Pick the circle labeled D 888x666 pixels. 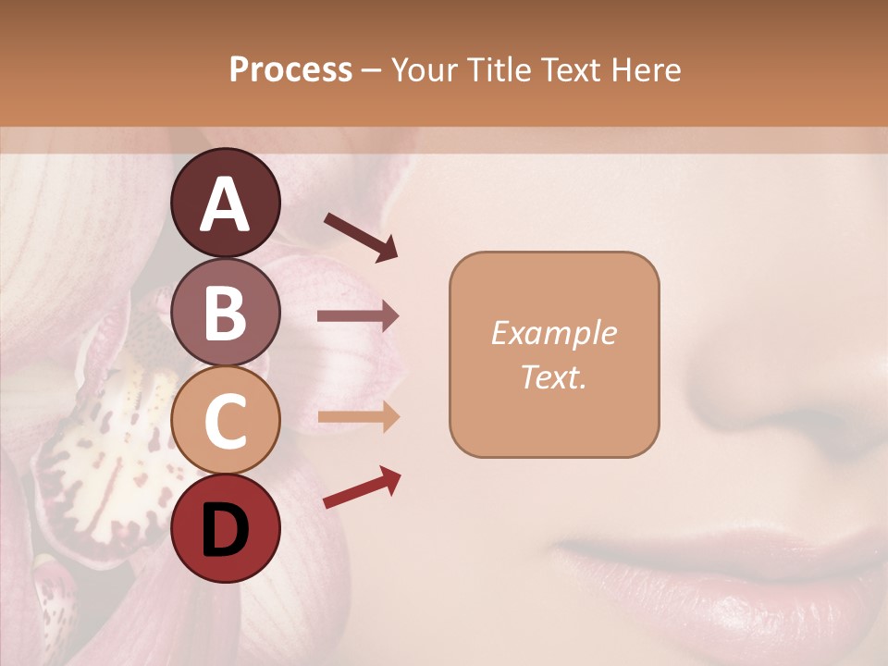[225, 528]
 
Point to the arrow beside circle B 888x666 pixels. [358, 316]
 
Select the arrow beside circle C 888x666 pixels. [358, 418]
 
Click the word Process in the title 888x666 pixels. [290, 69]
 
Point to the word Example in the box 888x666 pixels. [553, 333]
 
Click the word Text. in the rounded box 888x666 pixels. [553, 376]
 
